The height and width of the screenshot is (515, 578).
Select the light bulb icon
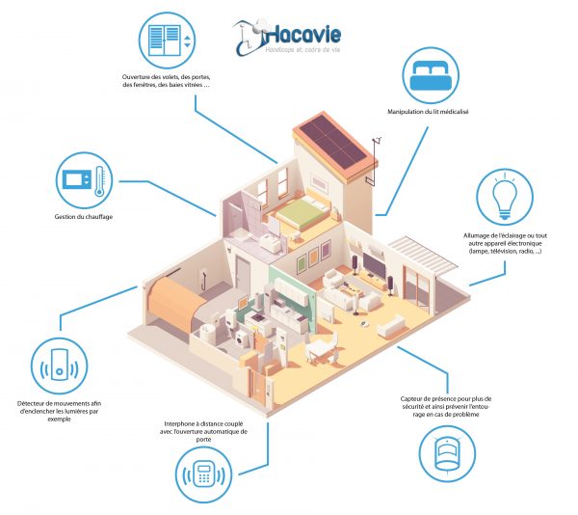point(504,198)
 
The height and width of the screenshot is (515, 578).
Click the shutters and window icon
point(170,41)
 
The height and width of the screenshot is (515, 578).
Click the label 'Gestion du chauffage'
point(84,217)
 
